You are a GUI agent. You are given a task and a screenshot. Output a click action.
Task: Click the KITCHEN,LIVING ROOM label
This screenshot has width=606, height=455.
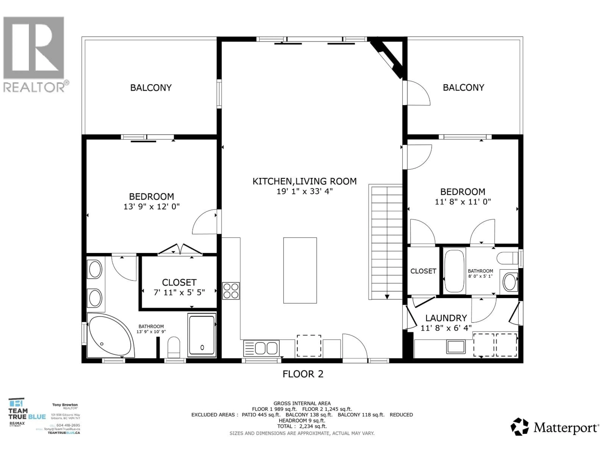304,181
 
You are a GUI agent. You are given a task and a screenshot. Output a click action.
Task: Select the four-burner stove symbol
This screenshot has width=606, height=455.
231,291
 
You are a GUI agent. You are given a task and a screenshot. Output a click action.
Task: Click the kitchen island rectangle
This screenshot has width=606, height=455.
300,270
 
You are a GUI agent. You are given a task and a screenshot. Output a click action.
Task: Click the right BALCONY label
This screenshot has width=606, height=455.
463,88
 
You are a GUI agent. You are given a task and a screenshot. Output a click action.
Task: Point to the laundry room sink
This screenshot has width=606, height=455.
456,347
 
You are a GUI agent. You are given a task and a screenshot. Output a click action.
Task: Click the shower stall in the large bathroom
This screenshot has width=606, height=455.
202,335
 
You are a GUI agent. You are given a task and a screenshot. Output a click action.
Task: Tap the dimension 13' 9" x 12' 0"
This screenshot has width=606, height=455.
151,206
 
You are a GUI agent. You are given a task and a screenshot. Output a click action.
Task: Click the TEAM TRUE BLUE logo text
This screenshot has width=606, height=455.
27,414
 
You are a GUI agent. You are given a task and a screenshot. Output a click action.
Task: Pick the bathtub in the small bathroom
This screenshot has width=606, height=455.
454,270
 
